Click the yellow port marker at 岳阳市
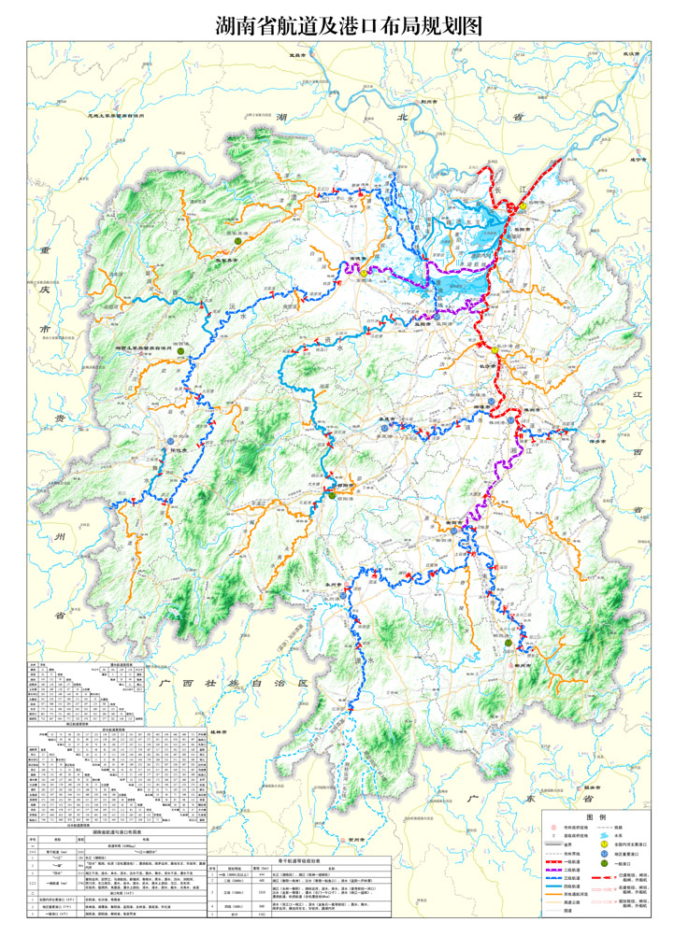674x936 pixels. tap(524, 205)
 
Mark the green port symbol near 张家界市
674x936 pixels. tap(239, 241)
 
